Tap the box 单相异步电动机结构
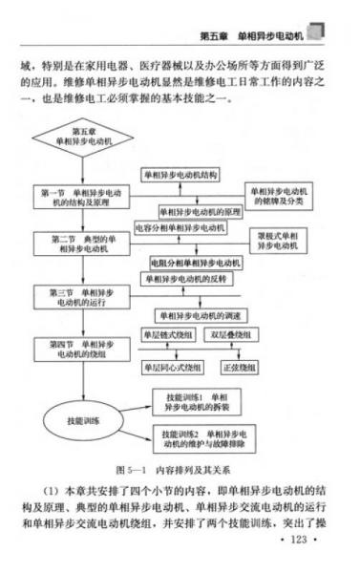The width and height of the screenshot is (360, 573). (x=180, y=176)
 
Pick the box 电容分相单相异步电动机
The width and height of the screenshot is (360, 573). (x=188, y=228)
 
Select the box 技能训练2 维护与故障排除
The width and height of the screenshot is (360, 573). (x=204, y=439)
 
